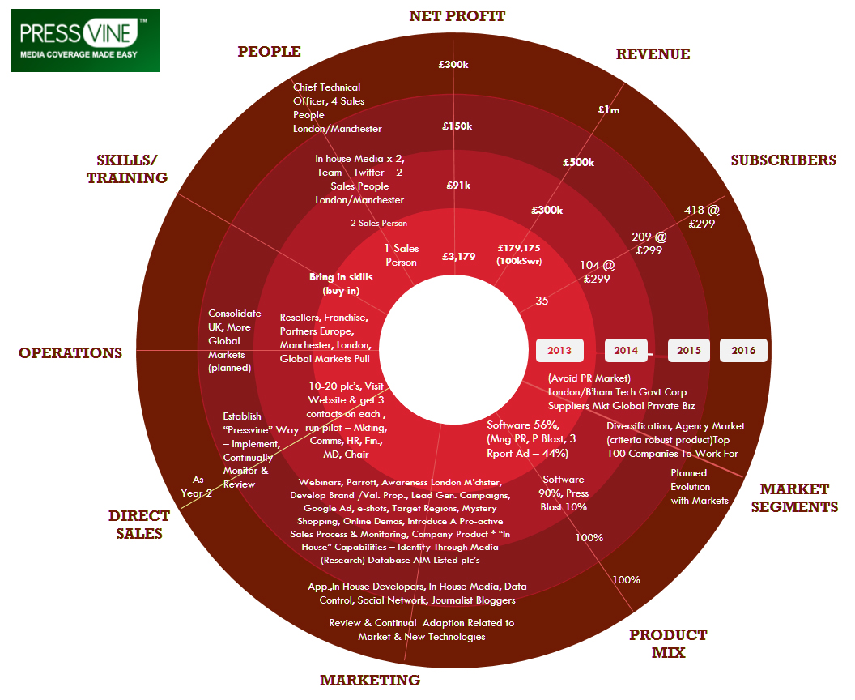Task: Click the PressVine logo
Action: click(x=85, y=40)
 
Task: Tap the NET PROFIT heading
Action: click(x=457, y=16)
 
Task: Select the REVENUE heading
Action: click(x=653, y=54)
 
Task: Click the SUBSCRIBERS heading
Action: click(x=783, y=160)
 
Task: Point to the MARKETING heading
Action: click(x=370, y=680)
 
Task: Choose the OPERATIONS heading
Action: click(x=70, y=353)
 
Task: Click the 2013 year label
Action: click(x=559, y=350)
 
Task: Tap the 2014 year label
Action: click(x=626, y=350)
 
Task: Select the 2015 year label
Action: click(x=689, y=350)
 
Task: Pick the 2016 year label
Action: click(x=744, y=350)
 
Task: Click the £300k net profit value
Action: click(x=453, y=64)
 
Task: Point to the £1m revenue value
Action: click(x=609, y=109)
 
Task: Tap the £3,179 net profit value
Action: click(x=458, y=257)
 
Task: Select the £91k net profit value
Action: click(x=458, y=186)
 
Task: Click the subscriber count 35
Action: click(x=542, y=301)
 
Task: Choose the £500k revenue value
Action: click(x=579, y=162)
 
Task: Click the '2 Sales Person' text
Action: click(x=378, y=223)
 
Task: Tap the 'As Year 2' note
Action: click(x=196, y=486)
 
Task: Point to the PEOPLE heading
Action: click(x=269, y=51)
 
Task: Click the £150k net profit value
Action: click(x=457, y=126)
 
